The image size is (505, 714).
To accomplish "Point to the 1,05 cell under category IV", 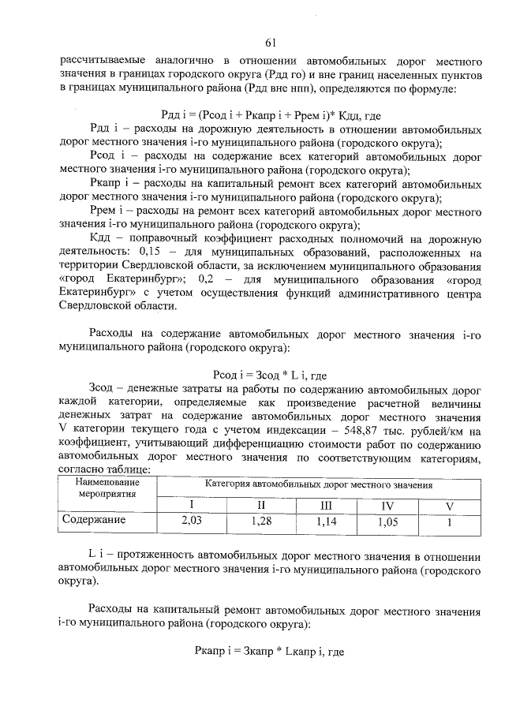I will tap(387, 521).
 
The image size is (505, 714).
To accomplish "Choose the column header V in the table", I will tap(450, 505).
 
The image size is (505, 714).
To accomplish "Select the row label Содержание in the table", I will tap(95, 521).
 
